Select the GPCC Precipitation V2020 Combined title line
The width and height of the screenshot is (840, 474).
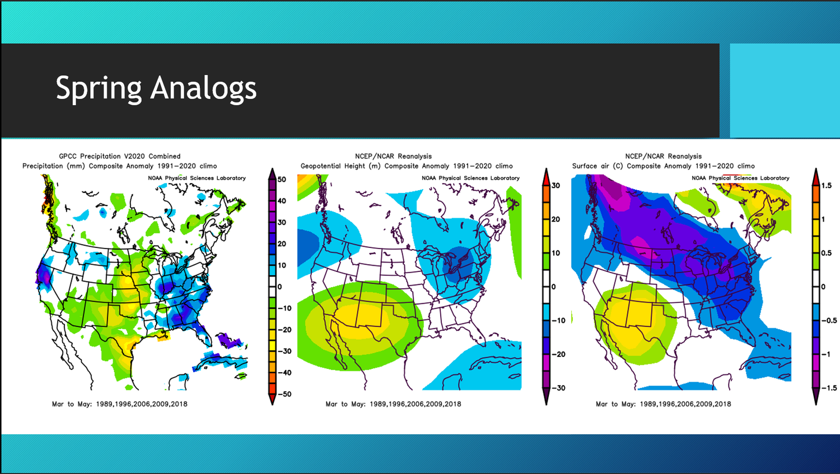click(x=119, y=156)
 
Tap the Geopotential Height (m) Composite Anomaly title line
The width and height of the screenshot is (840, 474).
click(x=407, y=166)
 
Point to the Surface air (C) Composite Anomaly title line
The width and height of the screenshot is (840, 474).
click(x=663, y=166)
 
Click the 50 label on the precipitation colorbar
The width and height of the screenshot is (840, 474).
click(x=282, y=180)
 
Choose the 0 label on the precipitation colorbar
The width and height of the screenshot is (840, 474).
click(x=280, y=287)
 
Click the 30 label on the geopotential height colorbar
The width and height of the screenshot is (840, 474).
click(x=556, y=186)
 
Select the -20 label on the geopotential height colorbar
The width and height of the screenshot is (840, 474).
click(x=558, y=354)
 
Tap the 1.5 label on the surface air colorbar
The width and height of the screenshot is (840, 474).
click(x=826, y=186)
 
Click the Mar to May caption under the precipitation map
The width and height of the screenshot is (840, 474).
click(x=119, y=403)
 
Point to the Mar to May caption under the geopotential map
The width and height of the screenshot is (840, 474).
click(x=393, y=403)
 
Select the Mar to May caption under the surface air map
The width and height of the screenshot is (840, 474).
click(x=663, y=403)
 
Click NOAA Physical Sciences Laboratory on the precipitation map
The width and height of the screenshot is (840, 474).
click(x=197, y=178)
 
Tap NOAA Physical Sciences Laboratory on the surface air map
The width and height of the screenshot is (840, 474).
click(x=740, y=178)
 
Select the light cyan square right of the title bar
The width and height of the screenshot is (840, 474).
click(x=784, y=91)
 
